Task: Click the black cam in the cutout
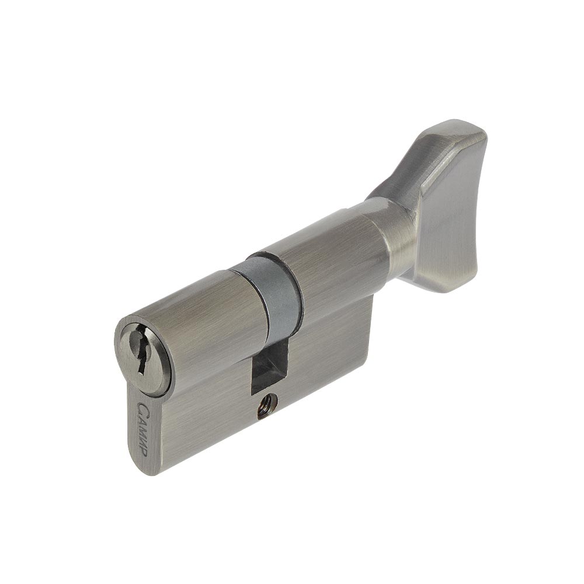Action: [269, 361]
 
